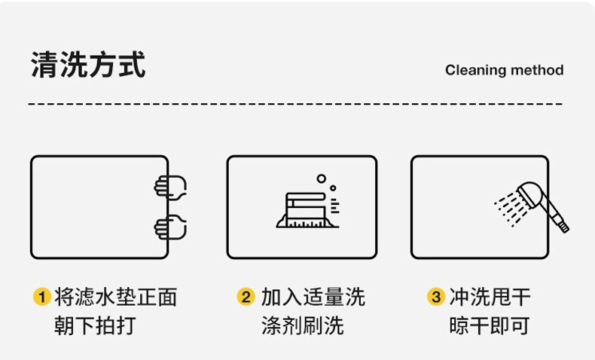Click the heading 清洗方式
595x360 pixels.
click(x=88, y=65)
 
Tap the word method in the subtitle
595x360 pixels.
click(x=537, y=70)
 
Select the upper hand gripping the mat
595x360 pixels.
click(x=171, y=186)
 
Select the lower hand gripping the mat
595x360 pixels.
click(x=171, y=226)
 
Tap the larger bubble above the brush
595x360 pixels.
click(x=322, y=179)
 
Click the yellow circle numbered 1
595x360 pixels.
click(x=42, y=297)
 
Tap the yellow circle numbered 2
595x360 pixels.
click(x=246, y=297)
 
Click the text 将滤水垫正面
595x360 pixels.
click(x=116, y=297)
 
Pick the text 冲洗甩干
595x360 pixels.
click(x=490, y=297)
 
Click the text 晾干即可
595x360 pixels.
click(x=490, y=326)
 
